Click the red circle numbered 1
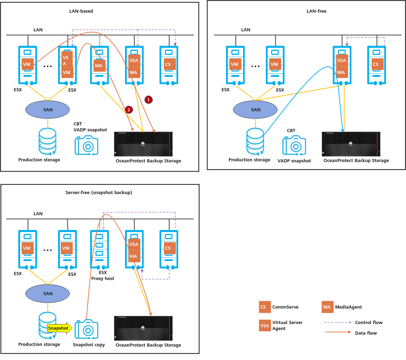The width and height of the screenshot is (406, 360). pyautogui.click(x=148, y=100)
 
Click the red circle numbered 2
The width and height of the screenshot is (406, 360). pyautogui.click(x=129, y=110)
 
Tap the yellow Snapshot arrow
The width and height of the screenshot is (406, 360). pyautogui.click(x=60, y=328)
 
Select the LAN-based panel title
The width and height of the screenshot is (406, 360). pyautogui.click(x=81, y=11)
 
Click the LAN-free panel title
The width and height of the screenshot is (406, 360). pyautogui.click(x=317, y=11)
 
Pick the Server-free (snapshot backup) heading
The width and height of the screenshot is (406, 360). pyautogui.click(x=99, y=193)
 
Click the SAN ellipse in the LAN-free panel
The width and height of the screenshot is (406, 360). pyautogui.click(x=256, y=110)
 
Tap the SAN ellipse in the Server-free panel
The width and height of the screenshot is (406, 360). pyautogui.click(x=48, y=293)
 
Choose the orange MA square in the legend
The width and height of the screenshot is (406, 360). pyautogui.click(x=327, y=307)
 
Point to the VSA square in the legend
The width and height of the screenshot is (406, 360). pyautogui.click(x=264, y=325)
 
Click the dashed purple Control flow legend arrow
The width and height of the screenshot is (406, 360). pyautogui.click(x=338, y=322)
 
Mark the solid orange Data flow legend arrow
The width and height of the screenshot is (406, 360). pyautogui.click(x=338, y=332)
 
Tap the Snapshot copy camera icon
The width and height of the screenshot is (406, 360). pyautogui.click(x=86, y=329)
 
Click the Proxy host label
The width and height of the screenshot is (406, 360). pyautogui.click(x=103, y=279)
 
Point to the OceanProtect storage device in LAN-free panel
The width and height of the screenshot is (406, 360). pyautogui.click(x=351, y=144)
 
